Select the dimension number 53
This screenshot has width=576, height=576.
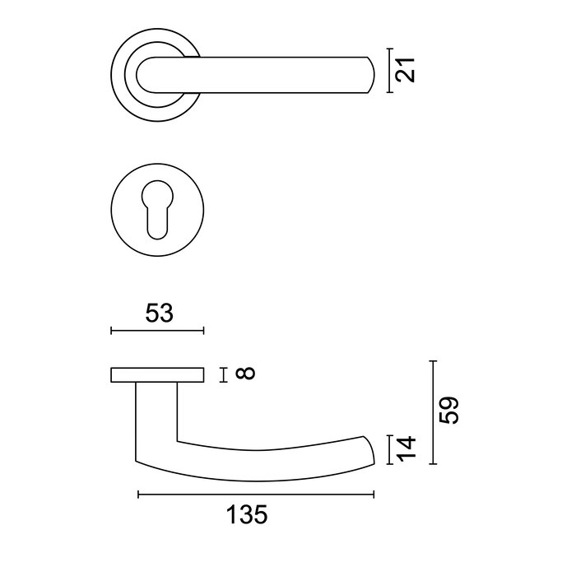click(158, 314)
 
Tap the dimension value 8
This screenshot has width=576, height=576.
click(245, 374)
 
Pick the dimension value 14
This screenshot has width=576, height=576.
click(407, 449)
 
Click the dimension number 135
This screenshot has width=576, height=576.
click(247, 516)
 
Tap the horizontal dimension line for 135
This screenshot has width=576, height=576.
click(255, 495)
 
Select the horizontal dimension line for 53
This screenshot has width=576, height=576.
click(156, 331)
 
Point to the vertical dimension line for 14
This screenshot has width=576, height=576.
click(390, 449)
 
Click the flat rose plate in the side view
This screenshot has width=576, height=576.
click(156, 375)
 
